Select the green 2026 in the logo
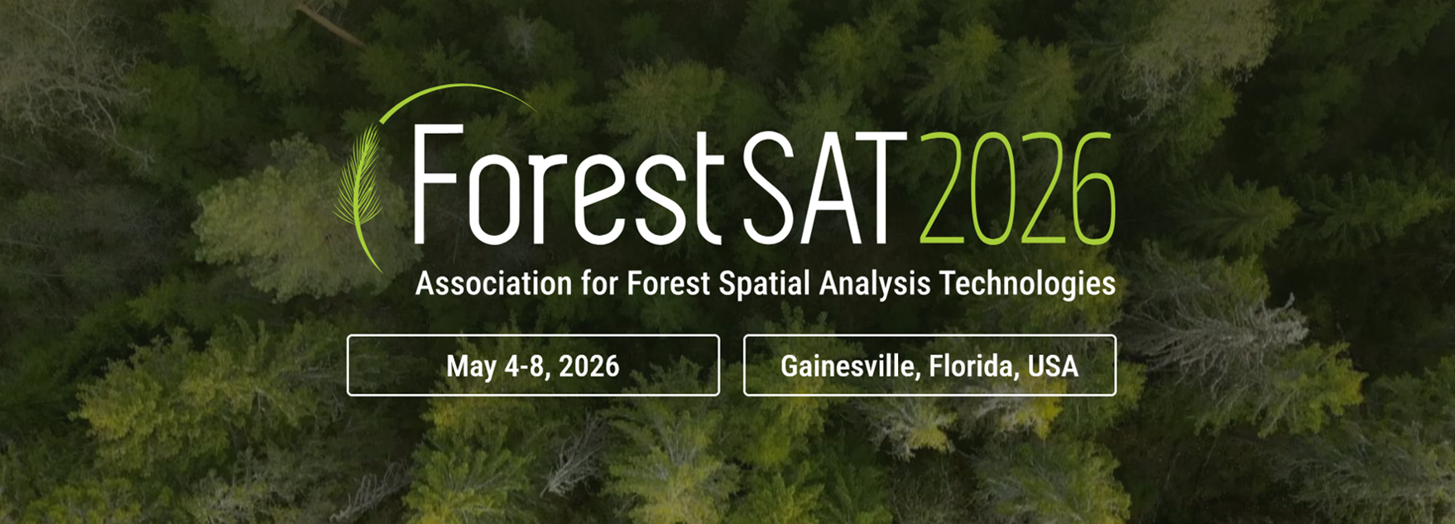tap(1017, 188)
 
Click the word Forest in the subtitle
tap(669, 283)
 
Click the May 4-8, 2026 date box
tap(533, 365)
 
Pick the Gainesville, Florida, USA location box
tap(929, 365)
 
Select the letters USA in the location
tap(1053, 366)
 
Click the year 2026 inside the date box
tap(588, 366)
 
